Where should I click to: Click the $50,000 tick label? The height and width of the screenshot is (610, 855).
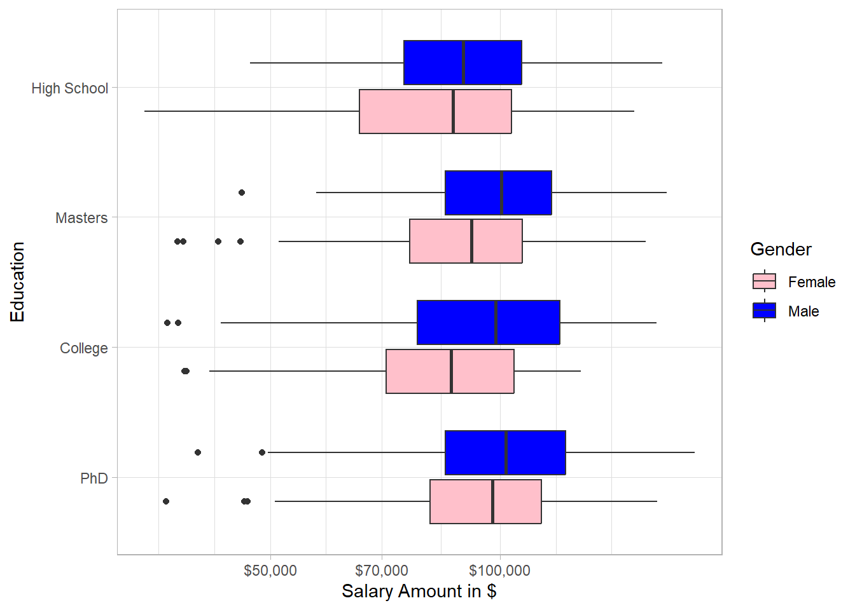[270, 571]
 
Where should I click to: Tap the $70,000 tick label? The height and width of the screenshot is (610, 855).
[382, 571]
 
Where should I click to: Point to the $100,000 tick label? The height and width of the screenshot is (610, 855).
[499, 571]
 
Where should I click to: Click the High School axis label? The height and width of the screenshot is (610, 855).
[70, 88]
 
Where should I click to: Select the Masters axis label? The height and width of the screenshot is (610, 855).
[81, 218]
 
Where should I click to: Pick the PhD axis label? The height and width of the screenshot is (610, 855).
[94, 478]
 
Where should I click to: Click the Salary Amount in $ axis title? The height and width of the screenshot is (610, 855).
[419, 591]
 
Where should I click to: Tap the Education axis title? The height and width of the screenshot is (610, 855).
[17, 281]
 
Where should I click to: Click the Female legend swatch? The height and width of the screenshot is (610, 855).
[764, 281]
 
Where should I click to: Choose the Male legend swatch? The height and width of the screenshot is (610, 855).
[764, 311]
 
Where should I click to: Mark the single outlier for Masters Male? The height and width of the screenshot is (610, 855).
[242, 193]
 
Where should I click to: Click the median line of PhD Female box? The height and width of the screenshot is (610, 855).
[492, 501]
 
